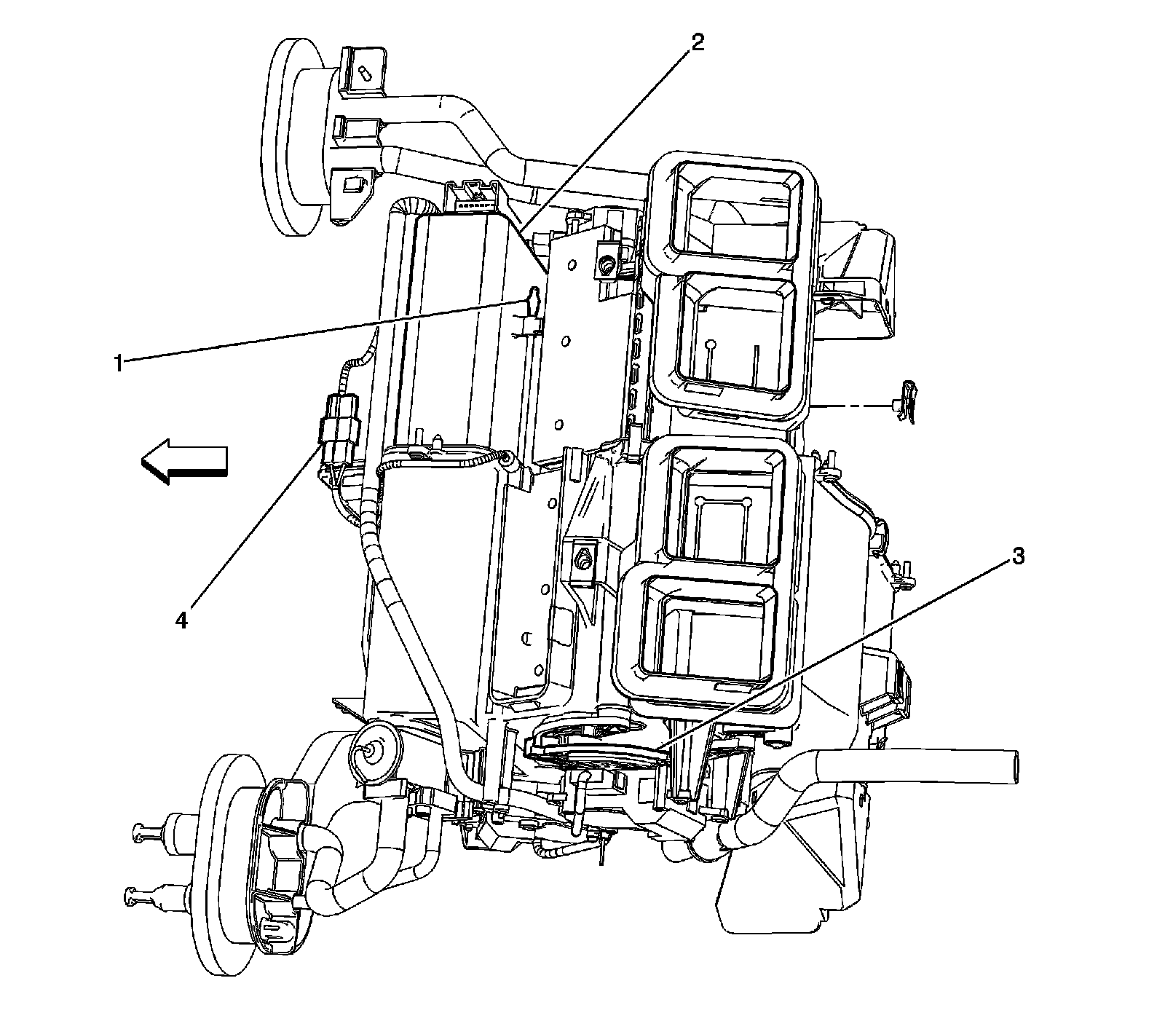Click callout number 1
pos(117,362)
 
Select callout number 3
pos(1017,557)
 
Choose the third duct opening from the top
pos(728,499)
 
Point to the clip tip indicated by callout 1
pos(534,294)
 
